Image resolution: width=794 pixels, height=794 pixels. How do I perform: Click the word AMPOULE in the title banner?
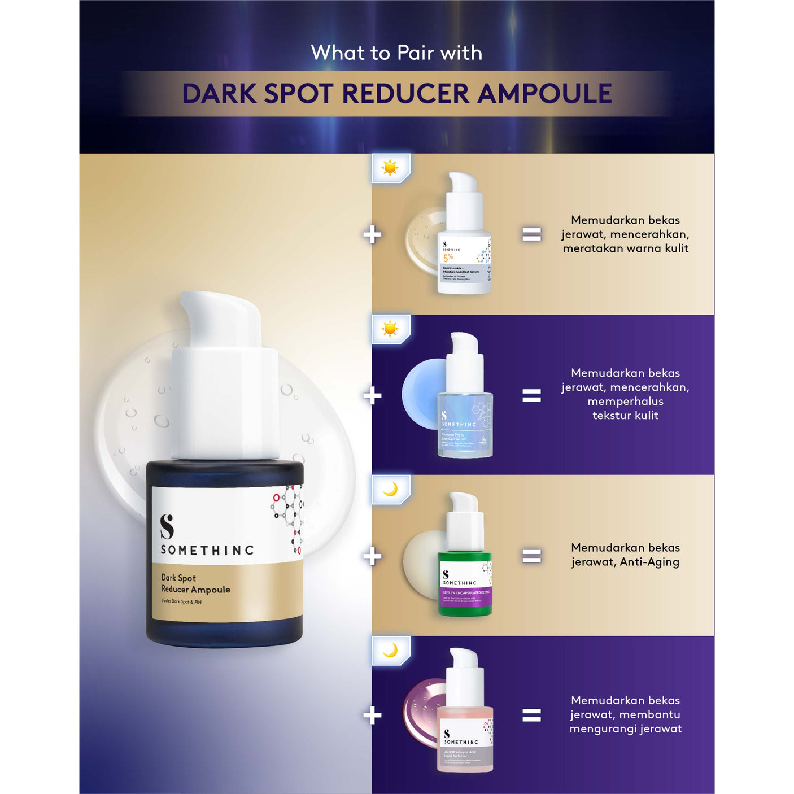(x=544, y=94)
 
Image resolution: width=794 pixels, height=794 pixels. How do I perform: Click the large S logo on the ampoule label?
(x=167, y=526)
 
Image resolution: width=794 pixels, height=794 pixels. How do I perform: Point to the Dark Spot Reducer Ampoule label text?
(x=195, y=584)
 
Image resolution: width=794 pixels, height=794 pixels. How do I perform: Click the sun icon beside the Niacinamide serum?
(x=390, y=168)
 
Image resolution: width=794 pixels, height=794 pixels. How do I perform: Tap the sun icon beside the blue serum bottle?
(x=390, y=329)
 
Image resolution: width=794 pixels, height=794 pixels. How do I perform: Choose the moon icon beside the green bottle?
(x=390, y=489)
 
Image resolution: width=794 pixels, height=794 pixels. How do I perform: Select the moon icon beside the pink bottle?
(x=390, y=651)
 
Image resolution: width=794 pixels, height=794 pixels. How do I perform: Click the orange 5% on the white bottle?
(x=448, y=258)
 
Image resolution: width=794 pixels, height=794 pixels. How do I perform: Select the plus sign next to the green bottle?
(x=372, y=556)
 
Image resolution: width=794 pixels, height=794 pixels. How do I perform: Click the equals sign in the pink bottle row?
(x=531, y=716)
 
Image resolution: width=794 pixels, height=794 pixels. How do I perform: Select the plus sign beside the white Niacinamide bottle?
(x=372, y=234)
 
